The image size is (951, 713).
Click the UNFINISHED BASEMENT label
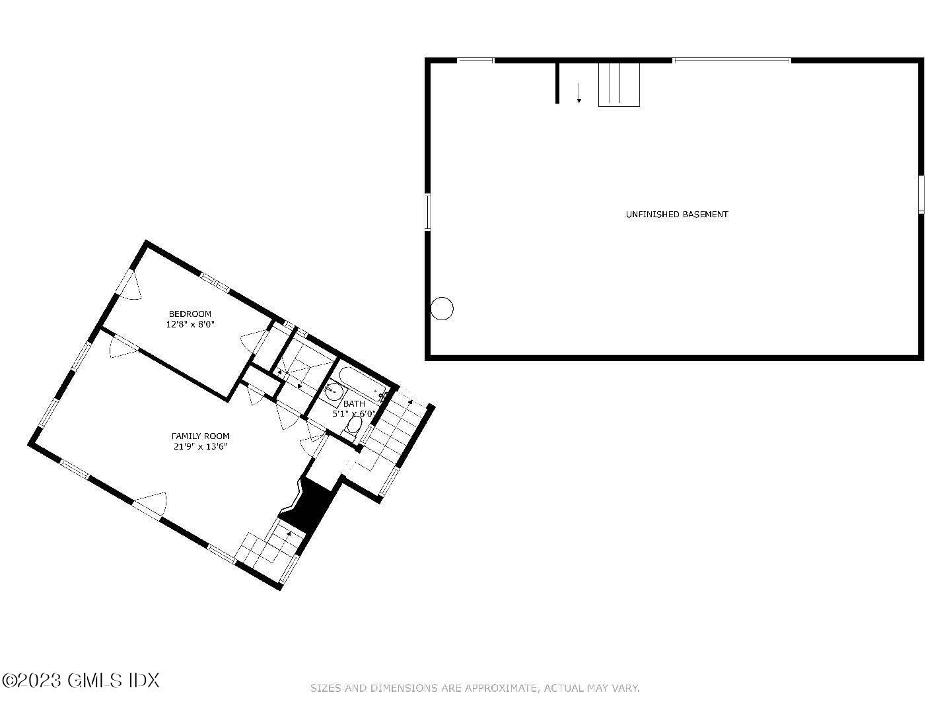[676, 215]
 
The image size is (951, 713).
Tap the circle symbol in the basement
[442, 308]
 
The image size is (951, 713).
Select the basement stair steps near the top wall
[619, 85]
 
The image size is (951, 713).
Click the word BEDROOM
[190, 314]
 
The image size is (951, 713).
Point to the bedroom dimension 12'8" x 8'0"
[190, 324]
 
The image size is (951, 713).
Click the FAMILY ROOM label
[201, 436]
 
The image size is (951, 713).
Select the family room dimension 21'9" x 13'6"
[201, 447]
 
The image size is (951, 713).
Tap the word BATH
[354, 403]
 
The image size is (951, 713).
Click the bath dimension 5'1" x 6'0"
[354, 414]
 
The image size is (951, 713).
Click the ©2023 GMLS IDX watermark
[81, 680]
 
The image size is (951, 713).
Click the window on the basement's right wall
[921, 193]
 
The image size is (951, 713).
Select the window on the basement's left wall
[427, 211]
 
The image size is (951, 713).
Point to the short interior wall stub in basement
[557, 83]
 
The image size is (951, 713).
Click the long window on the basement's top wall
[732, 61]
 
